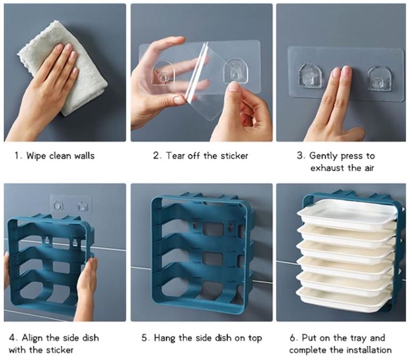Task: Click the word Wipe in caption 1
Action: (x=36, y=156)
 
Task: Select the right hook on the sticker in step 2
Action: (x=235, y=72)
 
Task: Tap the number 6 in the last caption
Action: (x=292, y=338)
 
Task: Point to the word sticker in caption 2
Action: (x=233, y=156)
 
